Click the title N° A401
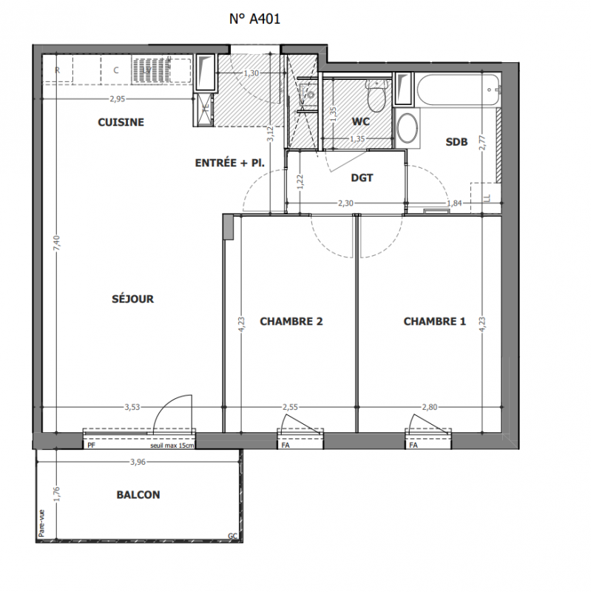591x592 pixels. point(254,19)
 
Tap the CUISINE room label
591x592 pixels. point(121,122)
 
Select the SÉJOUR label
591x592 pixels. point(133,299)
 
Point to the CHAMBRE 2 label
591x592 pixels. point(291,321)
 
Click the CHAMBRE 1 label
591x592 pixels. point(435,321)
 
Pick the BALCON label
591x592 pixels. point(138,494)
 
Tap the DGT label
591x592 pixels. point(362,178)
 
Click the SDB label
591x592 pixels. point(456,142)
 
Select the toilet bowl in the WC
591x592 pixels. point(376,96)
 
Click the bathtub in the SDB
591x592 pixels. point(458,90)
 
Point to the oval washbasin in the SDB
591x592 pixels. point(408,128)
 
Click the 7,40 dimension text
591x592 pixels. point(56,243)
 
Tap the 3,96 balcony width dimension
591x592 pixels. point(138,462)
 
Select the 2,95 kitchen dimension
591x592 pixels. point(118,99)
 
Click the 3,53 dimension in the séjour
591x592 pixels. point(132,407)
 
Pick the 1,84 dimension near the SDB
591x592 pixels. point(454,203)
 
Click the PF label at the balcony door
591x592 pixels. point(91,445)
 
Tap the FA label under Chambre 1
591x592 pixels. point(413,445)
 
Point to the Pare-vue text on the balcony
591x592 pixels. point(41,523)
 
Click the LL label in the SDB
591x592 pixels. point(487,198)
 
